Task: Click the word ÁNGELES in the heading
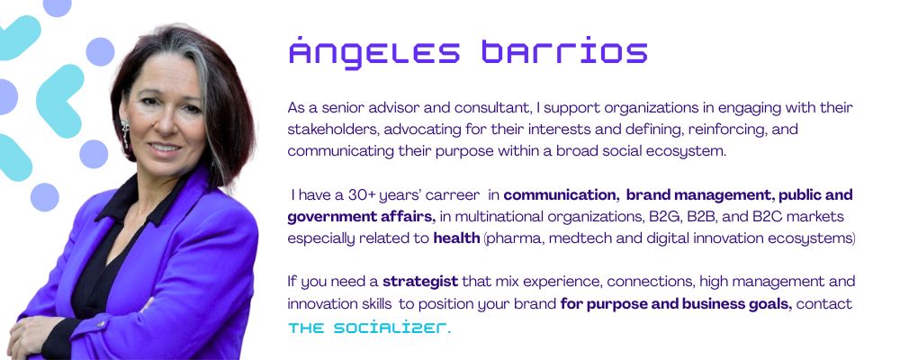[x=374, y=51]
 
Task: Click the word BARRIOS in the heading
[x=565, y=51]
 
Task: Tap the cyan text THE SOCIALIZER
[x=367, y=328]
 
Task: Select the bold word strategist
[x=420, y=282]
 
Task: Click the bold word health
[x=456, y=238]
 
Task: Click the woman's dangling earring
[x=125, y=132]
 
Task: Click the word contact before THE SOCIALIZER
[x=824, y=303]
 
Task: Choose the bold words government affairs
[x=362, y=217]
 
